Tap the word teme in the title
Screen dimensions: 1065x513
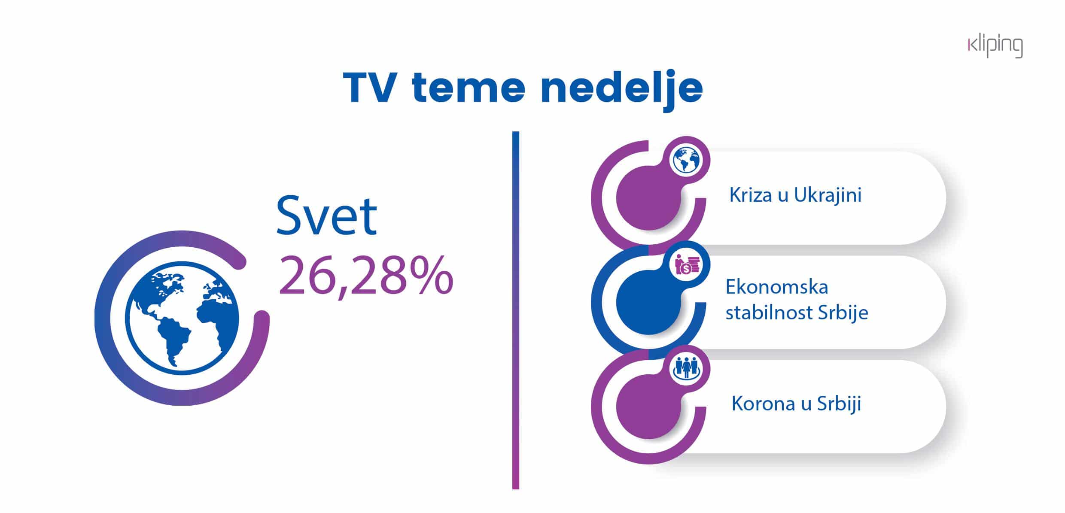point(469,89)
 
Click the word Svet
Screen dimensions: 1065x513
point(326,215)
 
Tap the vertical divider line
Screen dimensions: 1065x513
point(515,310)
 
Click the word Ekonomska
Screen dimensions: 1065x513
point(777,287)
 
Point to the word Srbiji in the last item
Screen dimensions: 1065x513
point(839,404)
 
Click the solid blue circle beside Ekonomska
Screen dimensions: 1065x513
point(649,302)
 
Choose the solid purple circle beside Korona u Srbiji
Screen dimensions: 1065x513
point(649,406)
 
